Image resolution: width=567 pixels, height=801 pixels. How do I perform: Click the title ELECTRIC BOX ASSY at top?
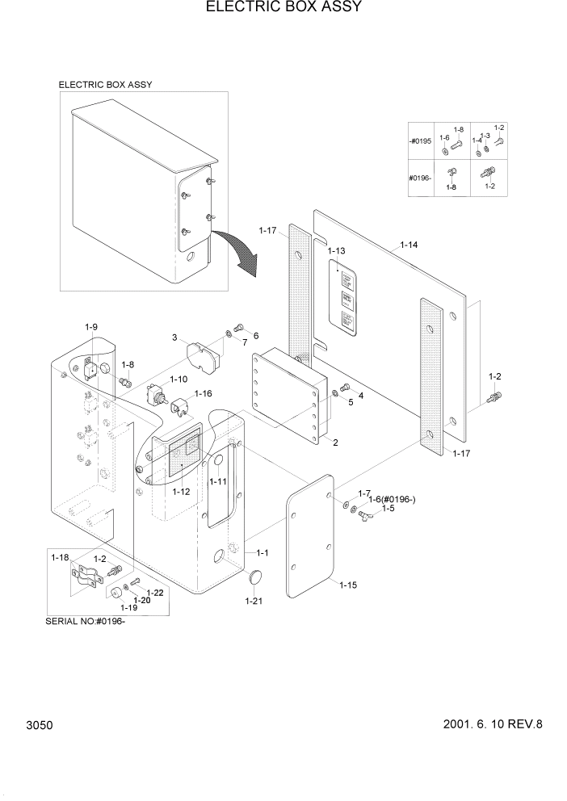(283, 8)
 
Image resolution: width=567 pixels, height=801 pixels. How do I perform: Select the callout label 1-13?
(338, 252)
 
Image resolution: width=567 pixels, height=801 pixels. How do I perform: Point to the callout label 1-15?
(349, 584)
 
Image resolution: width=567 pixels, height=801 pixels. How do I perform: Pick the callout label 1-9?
(91, 327)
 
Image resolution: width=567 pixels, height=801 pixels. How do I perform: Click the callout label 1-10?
(178, 378)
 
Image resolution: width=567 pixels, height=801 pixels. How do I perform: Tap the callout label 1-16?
(202, 393)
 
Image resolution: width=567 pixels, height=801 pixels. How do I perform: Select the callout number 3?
(174, 337)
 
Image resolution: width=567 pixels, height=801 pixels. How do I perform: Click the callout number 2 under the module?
(334, 442)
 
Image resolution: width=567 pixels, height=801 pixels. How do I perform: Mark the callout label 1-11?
(217, 481)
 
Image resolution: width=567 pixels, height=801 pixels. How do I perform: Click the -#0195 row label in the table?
(421, 141)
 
